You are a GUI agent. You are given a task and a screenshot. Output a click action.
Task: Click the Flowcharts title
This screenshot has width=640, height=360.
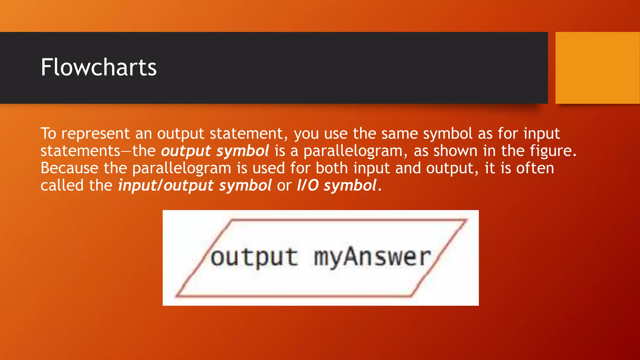(x=98, y=67)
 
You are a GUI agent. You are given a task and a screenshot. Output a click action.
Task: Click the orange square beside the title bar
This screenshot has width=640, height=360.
(x=597, y=67)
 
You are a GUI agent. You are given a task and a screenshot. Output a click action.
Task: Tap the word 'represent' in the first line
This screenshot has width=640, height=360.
(x=95, y=134)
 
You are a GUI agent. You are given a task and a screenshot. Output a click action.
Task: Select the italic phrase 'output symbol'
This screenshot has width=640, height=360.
(x=215, y=151)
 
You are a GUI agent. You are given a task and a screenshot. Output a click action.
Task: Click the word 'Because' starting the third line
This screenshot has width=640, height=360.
(x=69, y=168)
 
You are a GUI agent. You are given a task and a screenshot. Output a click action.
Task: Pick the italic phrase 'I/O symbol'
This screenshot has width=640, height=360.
(x=336, y=186)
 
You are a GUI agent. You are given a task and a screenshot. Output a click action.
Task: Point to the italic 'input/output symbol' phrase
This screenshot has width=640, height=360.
(x=195, y=186)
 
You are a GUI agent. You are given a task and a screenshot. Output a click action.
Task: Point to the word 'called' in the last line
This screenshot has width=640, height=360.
(x=62, y=186)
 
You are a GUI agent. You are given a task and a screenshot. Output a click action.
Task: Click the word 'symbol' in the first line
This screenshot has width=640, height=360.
(x=447, y=134)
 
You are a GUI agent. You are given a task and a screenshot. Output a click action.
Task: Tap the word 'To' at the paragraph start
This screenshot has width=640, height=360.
(x=48, y=134)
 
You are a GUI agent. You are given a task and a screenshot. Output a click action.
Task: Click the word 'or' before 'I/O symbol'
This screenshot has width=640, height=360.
(x=284, y=186)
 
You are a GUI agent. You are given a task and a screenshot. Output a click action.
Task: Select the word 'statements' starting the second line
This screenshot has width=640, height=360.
(x=80, y=151)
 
